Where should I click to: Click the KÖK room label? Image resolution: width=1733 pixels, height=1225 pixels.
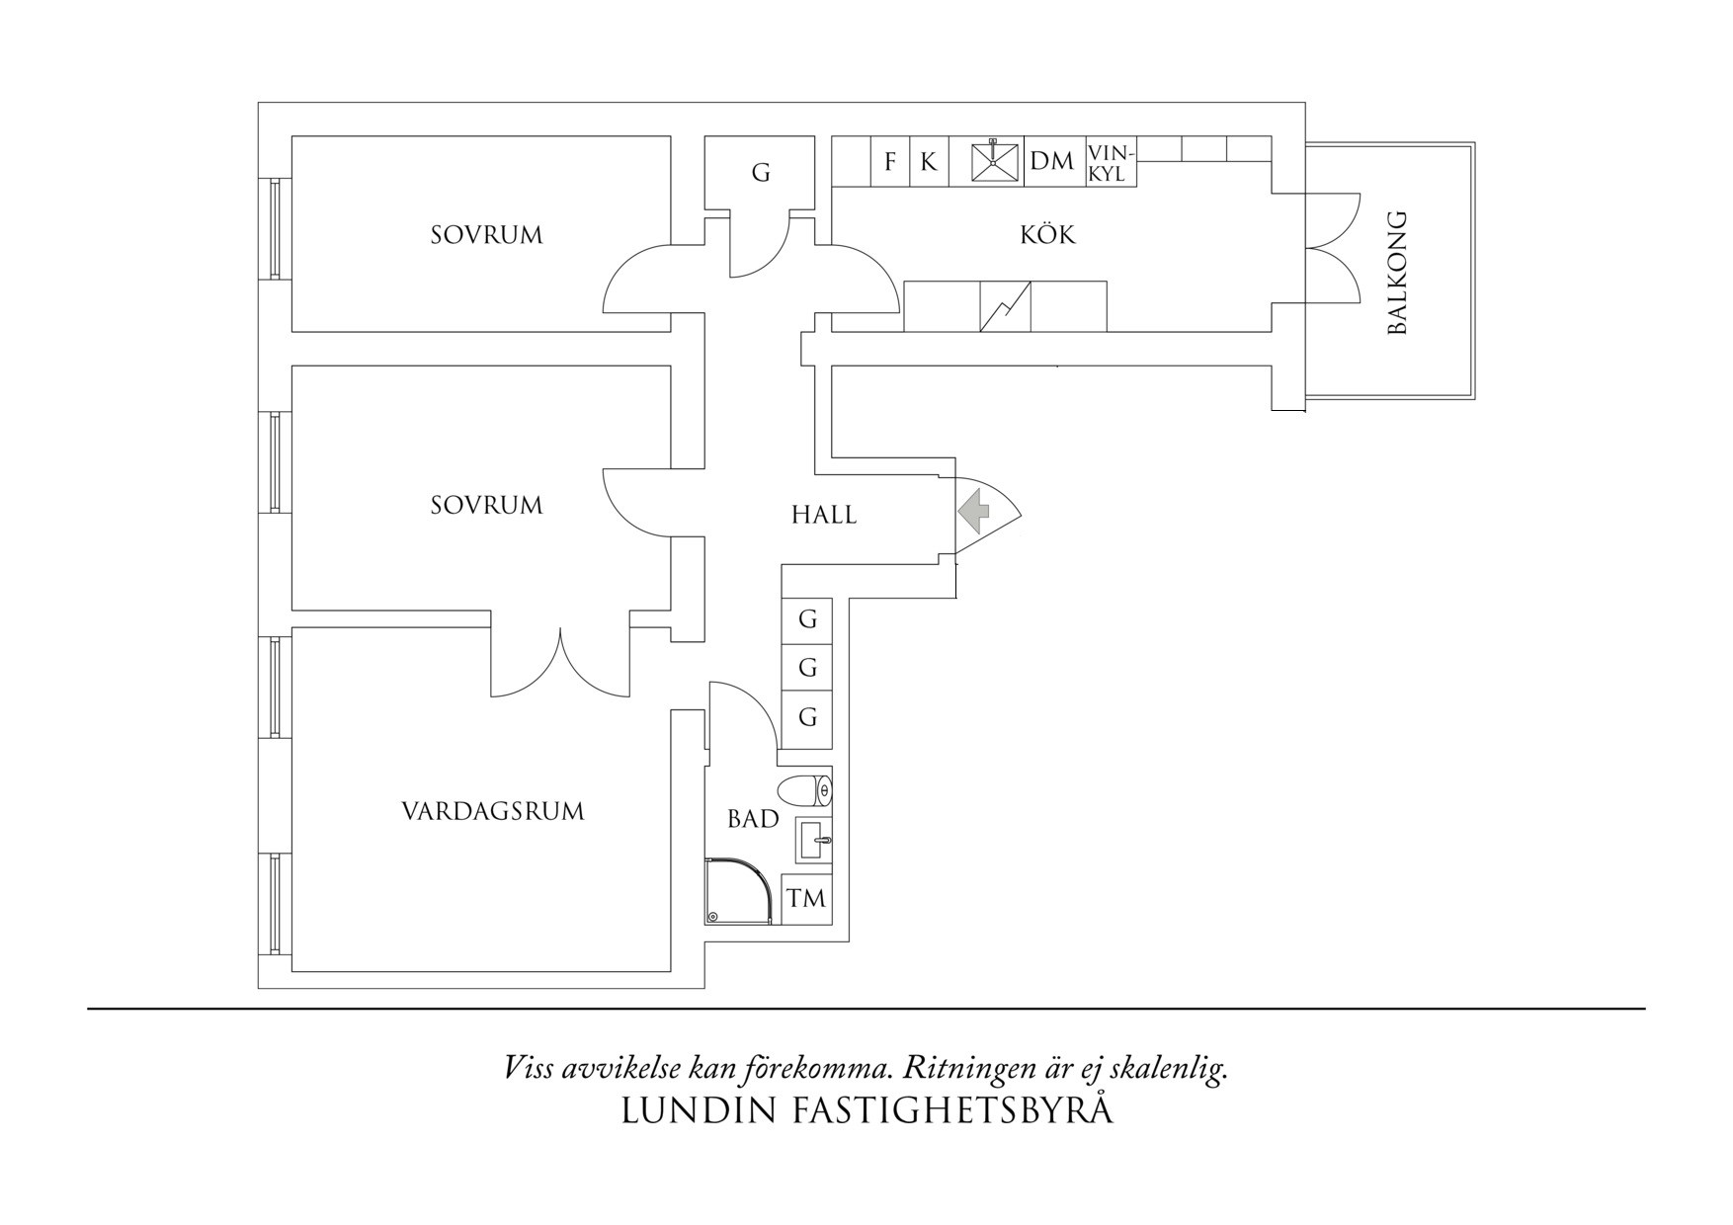point(1047,235)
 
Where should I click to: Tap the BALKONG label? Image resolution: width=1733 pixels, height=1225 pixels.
point(1396,273)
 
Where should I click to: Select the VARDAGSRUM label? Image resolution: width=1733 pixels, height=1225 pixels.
point(493,812)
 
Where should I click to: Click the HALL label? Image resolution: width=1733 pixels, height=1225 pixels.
point(824,515)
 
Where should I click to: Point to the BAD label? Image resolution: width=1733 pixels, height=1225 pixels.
point(753,819)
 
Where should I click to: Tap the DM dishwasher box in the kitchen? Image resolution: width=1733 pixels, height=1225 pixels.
point(1051,161)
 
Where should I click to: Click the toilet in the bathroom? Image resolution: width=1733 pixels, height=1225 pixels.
point(805,791)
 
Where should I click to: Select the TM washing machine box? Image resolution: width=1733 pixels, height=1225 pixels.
point(805,899)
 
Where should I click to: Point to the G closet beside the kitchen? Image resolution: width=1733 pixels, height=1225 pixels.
point(760,173)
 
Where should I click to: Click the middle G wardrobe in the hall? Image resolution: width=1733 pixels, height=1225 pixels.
point(807,669)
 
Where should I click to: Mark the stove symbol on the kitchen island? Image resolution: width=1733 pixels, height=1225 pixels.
point(1006,307)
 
